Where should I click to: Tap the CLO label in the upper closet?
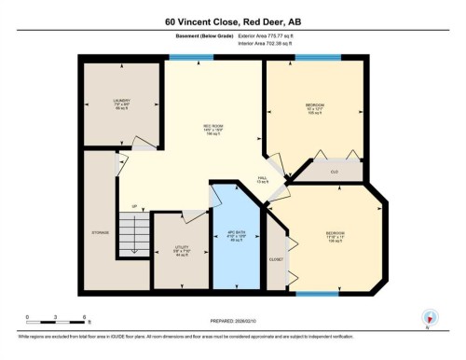(x=334, y=172)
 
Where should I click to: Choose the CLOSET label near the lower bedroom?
(x=275, y=258)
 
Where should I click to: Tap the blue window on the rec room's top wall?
(x=183, y=58)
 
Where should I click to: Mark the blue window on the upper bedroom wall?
(x=314, y=58)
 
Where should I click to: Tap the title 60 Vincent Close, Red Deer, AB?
(x=232, y=20)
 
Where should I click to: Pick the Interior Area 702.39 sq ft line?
(x=272, y=43)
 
